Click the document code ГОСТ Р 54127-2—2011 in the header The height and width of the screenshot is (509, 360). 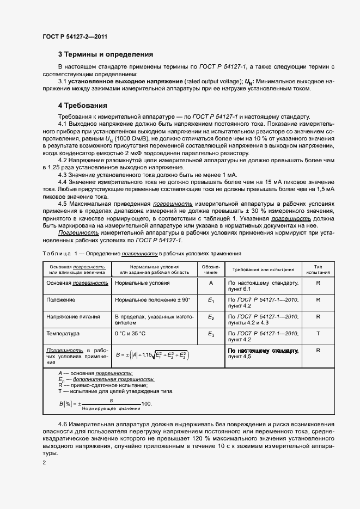pos(75,37)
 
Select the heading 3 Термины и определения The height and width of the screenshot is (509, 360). pos(106,54)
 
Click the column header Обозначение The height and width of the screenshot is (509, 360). pos(211,269)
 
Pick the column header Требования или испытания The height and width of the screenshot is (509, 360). pos(263,269)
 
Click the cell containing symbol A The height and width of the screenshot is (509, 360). pos(211,283)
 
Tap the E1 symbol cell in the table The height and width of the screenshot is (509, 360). pos(211,300)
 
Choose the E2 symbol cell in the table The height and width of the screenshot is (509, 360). pos(211,316)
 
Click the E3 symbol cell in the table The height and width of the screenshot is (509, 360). pos(211,333)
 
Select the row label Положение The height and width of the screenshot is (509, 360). pos(61,300)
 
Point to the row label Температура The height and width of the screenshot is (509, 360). pos(63,333)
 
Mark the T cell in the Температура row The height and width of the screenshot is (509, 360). pos(318,333)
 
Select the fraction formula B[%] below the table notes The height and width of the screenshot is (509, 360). pos(105,404)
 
